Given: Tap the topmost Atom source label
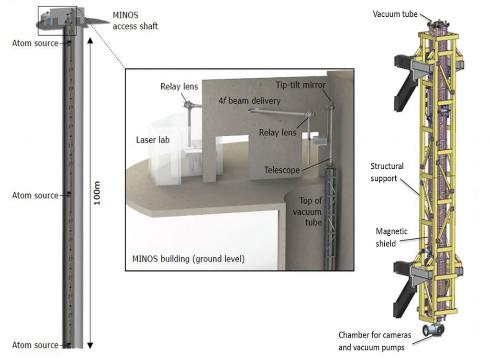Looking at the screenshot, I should tap(35, 44).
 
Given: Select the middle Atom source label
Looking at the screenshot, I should tap(35, 196).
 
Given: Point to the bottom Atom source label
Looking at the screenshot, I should tap(35, 345).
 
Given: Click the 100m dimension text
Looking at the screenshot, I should tap(97, 195).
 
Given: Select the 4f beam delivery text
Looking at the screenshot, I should tap(243, 101).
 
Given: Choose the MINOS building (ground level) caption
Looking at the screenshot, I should tap(188, 260).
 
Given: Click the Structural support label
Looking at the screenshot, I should tap(387, 171).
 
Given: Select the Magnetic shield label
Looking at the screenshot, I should tap(391, 237).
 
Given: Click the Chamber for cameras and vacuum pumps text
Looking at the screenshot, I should tap(372, 341).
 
